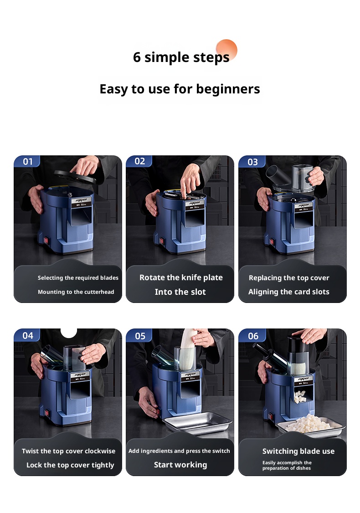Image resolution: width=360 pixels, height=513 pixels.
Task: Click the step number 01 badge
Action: coord(27,161)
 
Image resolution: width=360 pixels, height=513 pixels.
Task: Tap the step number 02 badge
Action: coord(139,161)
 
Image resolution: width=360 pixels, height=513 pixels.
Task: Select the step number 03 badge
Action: coord(252,162)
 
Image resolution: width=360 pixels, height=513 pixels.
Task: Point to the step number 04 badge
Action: coord(27,335)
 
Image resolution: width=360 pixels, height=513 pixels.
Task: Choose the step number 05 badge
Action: coord(140,336)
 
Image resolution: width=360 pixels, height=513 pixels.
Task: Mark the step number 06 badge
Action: coord(252,336)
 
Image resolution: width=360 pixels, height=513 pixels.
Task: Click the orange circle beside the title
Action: coord(226,50)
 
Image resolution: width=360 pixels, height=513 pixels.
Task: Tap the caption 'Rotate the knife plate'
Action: coord(181,277)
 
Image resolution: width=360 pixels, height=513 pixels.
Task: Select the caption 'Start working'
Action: coord(180,465)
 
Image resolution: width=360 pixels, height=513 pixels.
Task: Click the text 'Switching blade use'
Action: coord(298,451)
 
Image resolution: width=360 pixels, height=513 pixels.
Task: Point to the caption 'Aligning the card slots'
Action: coord(288,292)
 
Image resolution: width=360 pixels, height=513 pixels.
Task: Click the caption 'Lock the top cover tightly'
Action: coord(70,465)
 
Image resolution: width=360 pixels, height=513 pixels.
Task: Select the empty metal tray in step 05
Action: coord(198,423)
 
